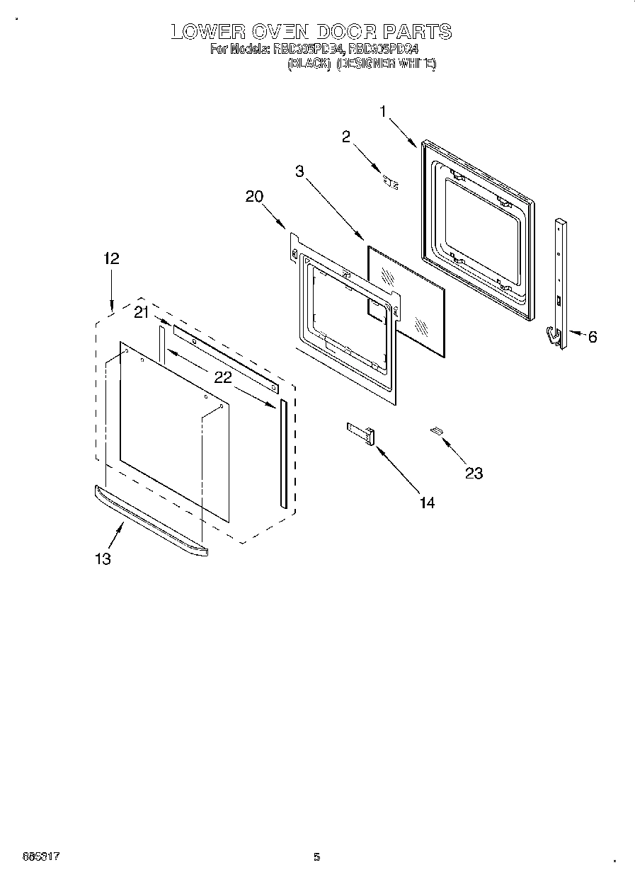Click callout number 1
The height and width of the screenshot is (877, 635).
383,111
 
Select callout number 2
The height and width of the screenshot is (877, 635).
346,137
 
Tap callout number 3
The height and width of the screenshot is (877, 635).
300,171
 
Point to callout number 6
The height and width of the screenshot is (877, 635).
592,337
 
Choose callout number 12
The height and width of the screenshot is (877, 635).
110,259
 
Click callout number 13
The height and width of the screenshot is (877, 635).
103,559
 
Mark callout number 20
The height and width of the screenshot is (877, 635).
255,197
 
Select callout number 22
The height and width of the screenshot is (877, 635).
223,378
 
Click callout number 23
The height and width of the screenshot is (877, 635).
474,473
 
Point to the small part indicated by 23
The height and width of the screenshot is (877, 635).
436,430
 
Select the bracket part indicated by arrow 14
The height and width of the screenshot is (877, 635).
362,433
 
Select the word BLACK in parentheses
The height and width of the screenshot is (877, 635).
309,64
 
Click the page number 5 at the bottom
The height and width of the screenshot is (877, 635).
317,857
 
